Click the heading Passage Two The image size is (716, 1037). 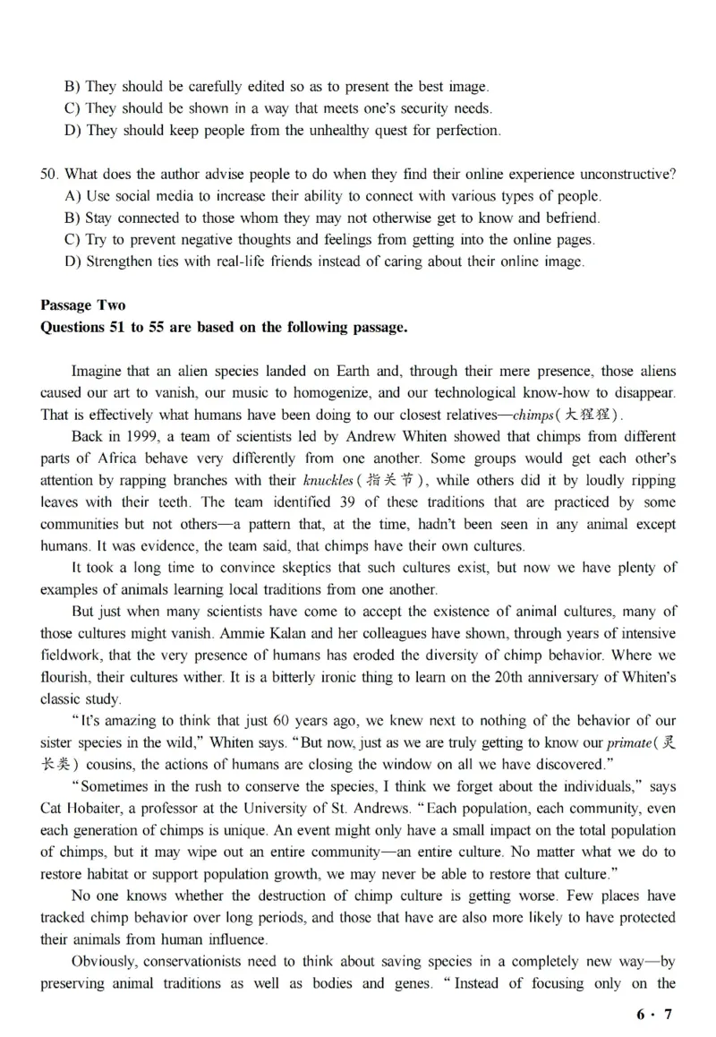(x=83, y=305)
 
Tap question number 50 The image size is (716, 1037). (x=48, y=174)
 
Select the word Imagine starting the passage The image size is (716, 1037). (x=97, y=371)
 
